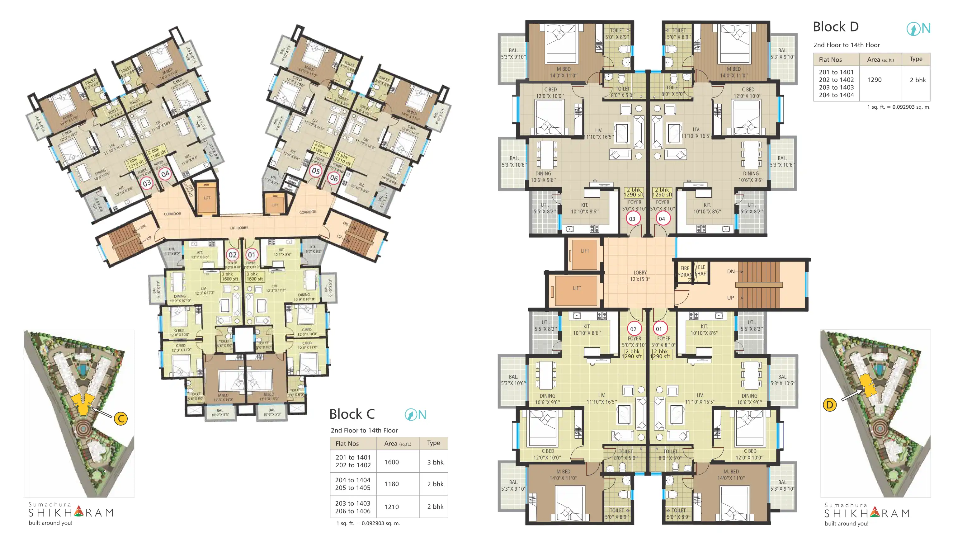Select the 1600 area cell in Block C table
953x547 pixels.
(x=391, y=462)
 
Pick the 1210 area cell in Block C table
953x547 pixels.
(x=391, y=507)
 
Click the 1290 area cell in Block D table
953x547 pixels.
(x=874, y=80)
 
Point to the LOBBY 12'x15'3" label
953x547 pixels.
(x=640, y=276)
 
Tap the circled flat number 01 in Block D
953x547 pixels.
(x=659, y=329)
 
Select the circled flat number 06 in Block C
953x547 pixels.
(x=333, y=178)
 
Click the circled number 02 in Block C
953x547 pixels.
(x=233, y=255)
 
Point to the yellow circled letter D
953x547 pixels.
(x=829, y=405)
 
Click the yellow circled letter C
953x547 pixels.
(x=120, y=418)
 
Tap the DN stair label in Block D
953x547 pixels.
(x=731, y=271)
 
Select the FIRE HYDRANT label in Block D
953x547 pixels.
(x=684, y=271)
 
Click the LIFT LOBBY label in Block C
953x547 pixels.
(x=239, y=228)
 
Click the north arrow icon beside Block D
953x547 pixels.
(x=913, y=29)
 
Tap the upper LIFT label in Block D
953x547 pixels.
(x=585, y=251)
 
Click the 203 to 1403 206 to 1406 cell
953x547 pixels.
(x=352, y=507)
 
